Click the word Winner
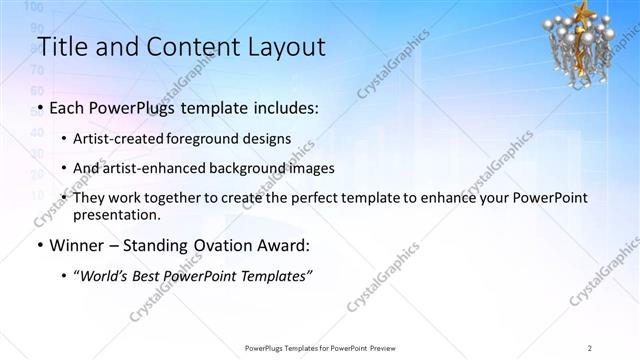click(x=76, y=244)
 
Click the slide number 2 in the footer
click(x=590, y=347)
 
